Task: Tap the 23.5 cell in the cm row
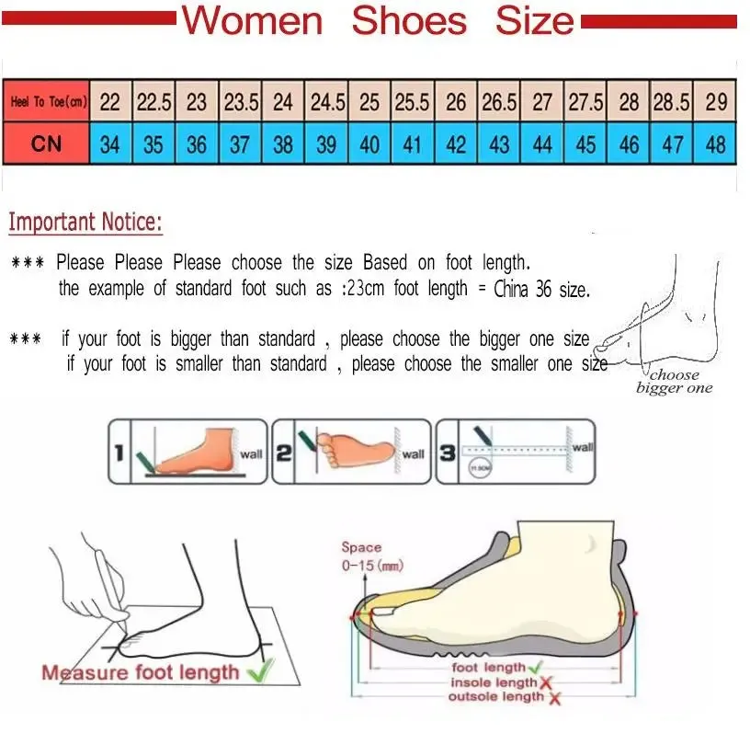241,102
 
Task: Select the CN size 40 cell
369,144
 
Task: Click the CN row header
46,144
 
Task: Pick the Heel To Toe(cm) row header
48,102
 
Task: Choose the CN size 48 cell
716,144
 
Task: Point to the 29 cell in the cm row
716,102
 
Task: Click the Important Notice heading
85,222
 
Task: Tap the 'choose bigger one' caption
674,382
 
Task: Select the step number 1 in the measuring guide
119,452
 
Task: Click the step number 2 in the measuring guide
284,452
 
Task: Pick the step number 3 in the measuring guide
448,452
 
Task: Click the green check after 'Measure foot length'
260,672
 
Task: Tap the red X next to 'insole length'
546,682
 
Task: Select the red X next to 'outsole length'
555,698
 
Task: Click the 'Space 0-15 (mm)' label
371,556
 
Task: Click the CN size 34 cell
109,144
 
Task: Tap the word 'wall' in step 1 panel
251,453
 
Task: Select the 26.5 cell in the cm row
499,102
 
